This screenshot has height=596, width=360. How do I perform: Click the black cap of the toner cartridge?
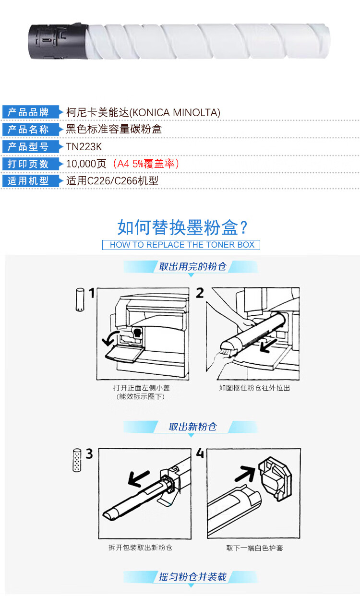click(58, 41)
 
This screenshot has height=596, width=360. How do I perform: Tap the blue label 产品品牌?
click(28, 112)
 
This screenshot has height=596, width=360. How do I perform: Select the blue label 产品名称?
click(28, 129)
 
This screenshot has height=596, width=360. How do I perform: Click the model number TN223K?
click(84, 147)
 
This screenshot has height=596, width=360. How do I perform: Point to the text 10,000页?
click(86, 164)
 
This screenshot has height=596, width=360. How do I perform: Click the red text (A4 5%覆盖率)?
click(146, 164)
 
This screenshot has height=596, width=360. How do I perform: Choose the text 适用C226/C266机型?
click(112, 181)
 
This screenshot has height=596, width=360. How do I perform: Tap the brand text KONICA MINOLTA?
click(176, 113)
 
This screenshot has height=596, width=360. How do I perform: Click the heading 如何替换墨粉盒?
click(182, 227)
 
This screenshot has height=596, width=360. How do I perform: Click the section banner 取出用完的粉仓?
click(192, 266)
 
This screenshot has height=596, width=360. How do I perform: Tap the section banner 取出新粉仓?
click(192, 427)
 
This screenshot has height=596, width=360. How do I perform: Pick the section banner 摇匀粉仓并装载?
click(192, 577)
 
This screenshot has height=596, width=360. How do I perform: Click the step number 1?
click(92, 293)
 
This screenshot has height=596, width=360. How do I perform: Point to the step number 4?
click(200, 453)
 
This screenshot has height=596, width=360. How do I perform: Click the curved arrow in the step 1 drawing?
click(109, 338)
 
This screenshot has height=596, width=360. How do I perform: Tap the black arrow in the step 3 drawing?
click(139, 478)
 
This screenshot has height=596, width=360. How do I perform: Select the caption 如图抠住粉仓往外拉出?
click(254, 388)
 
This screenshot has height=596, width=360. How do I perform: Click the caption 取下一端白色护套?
click(254, 548)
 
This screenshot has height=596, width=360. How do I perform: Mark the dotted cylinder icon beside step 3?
click(77, 460)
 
